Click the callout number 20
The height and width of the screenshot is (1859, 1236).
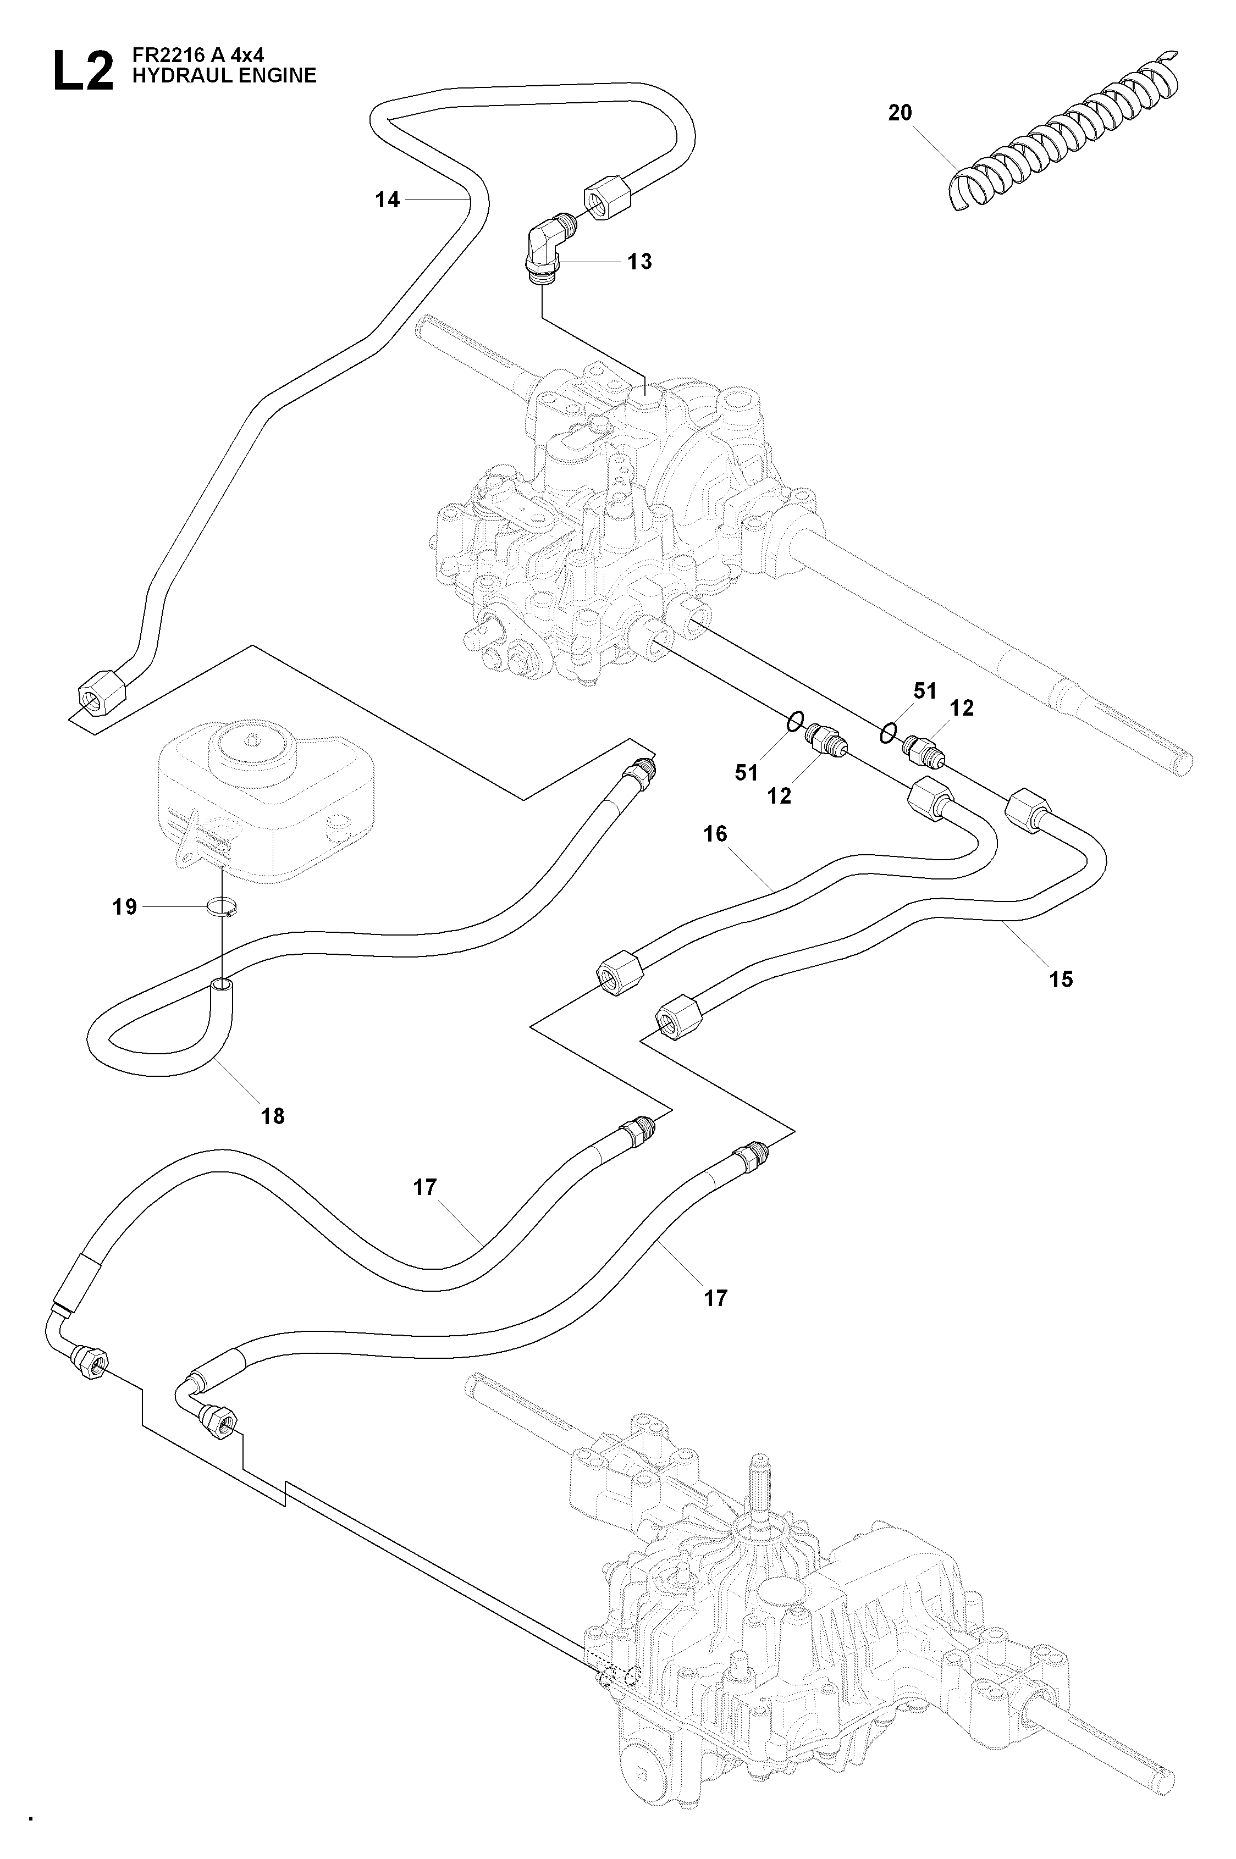[x=900, y=113]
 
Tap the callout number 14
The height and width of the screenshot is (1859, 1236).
[x=387, y=200]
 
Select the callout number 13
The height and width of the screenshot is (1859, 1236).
[x=640, y=262]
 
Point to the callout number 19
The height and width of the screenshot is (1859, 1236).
[x=125, y=907]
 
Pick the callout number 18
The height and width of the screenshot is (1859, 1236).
[x=273, y=1116]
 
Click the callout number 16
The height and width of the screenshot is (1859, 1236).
[x=715, y=834]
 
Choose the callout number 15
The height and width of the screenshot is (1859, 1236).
[x=1061, y=979]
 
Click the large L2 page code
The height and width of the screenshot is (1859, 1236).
[x=83, y=71]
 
